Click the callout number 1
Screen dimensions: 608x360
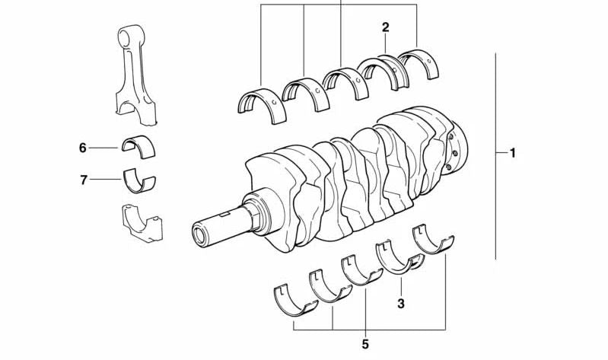click(x=513, y=153)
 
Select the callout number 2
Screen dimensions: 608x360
click(x=385, y=27)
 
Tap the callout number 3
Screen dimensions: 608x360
click(x=401, y=303)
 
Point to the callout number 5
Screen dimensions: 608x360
click(x=365, y=344)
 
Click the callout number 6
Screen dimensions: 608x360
click(x=83, y=148)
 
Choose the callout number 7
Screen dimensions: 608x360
click(x=84, y=180)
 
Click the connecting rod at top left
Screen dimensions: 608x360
click(x=135, y=74)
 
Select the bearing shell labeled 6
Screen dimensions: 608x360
click(x=138, y=145)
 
